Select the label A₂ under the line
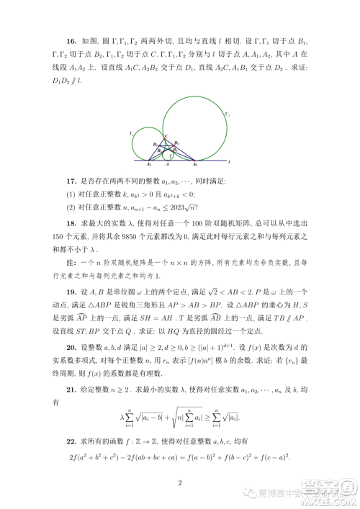[194, 165]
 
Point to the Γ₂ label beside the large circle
[229, 113]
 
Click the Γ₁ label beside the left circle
[130, 132]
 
